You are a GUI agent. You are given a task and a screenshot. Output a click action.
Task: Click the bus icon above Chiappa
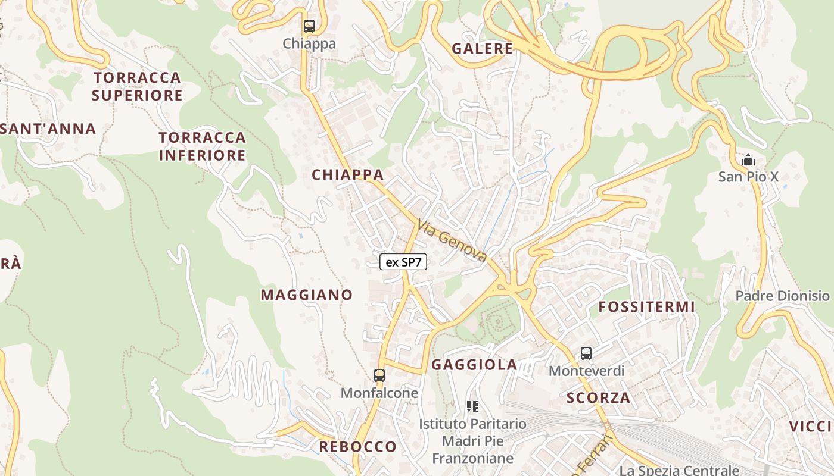(x=309, y=26)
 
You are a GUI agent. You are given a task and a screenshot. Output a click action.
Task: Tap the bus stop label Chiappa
(x=309, y=43)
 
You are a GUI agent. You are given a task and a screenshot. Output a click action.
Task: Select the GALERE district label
(x=482, y=49)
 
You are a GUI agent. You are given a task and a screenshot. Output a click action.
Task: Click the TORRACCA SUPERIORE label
(x=137, y=86)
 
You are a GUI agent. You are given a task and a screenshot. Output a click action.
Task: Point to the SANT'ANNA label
(x=48, y=129)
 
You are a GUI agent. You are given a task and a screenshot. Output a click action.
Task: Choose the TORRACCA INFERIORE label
(x=203, y=146)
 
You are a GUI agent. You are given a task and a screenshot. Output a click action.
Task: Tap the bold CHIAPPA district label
(x=348, y=175)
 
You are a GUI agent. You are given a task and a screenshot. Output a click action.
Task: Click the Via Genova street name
(x=452, y=240)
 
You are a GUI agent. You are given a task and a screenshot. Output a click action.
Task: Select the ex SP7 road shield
(x=403, y=262)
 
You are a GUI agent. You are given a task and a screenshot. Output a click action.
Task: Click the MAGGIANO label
(x=307, y=295)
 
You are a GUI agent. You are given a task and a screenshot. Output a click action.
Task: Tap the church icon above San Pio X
(x=748, y=159)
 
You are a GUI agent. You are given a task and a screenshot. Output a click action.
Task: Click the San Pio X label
(x=748, y=177)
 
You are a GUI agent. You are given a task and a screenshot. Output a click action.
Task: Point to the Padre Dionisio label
(x=782, y=296)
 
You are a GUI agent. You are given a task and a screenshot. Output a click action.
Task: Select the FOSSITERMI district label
(x=646, y=307)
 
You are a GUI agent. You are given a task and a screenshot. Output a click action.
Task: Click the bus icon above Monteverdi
(x=586, y=353)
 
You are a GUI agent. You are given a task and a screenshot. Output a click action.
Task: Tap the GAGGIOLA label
(x=474, y=365)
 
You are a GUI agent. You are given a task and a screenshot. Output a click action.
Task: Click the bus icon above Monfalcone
(x=379, y=375)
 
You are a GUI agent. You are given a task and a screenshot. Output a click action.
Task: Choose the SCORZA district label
(x=598, y=398)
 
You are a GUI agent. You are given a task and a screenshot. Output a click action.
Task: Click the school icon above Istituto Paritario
(x=472, y=406)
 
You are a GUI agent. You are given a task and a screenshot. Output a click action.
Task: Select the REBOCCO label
(x=357, y=447)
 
